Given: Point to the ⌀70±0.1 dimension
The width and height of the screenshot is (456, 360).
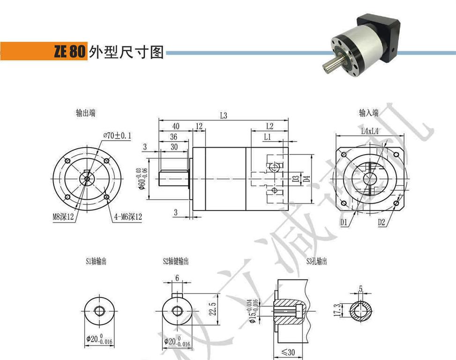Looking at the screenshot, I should point(117,135).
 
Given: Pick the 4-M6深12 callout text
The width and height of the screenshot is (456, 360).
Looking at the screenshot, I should point(127,217).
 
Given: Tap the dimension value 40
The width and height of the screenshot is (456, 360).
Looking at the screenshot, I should point(176,126).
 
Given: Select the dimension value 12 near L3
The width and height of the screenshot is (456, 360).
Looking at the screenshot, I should point(199,126).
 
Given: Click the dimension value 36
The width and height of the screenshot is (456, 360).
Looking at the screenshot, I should point(173,137).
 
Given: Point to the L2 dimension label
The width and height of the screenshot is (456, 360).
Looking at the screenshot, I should point(269,126).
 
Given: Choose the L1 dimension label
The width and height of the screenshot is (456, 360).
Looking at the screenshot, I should point(267,137).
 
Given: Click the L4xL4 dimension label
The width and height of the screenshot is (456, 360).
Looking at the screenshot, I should point(370,132).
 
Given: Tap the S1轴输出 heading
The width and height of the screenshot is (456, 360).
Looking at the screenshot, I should point(96,262).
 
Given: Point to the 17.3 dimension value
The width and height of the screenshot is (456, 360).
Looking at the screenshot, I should point(337,311).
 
